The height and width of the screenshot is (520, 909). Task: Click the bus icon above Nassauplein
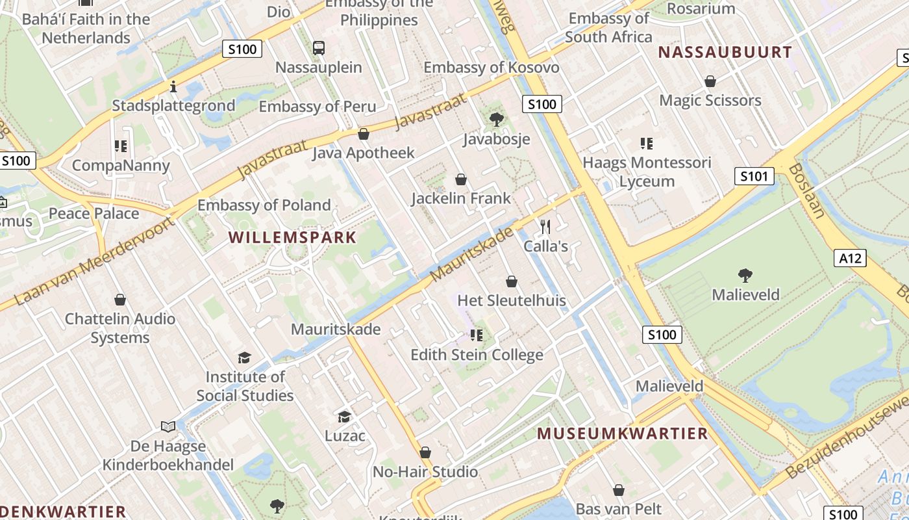(x=319, y=47)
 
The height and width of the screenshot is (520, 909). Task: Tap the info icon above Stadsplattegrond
(x=173, y=86)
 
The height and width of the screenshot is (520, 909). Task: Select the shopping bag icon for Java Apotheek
(x=364, y=134)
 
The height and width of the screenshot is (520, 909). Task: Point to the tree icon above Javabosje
(x=497, y=120)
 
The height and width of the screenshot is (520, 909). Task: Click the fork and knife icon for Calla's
(x=545, y=226)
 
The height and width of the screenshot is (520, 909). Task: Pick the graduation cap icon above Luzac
(x=344, y=416)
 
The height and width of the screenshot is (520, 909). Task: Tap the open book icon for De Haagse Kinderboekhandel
(x=168, y=426)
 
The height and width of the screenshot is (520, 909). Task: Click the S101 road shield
(x=754, y=175)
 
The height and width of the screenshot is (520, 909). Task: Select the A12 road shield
(x=850, y=258)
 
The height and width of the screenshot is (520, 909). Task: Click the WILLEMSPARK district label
(x=292, y=237)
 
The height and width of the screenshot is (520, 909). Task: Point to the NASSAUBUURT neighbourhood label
(x=725, y=52)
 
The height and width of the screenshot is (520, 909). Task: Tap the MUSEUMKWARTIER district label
(x=622, y=434)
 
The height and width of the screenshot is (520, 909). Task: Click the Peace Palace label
(x=94, y=213)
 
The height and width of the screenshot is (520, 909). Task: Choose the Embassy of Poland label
(x=264, y=205)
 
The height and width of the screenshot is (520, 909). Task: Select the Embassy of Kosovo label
(x=492, y=68)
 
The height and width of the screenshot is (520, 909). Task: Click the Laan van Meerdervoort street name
(x=95, y=262)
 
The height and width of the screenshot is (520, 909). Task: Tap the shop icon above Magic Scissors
(x=710, y=81)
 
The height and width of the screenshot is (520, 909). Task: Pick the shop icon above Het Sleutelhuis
(x=512, y=281)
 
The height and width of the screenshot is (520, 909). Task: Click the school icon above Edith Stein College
(x=477, y=335)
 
